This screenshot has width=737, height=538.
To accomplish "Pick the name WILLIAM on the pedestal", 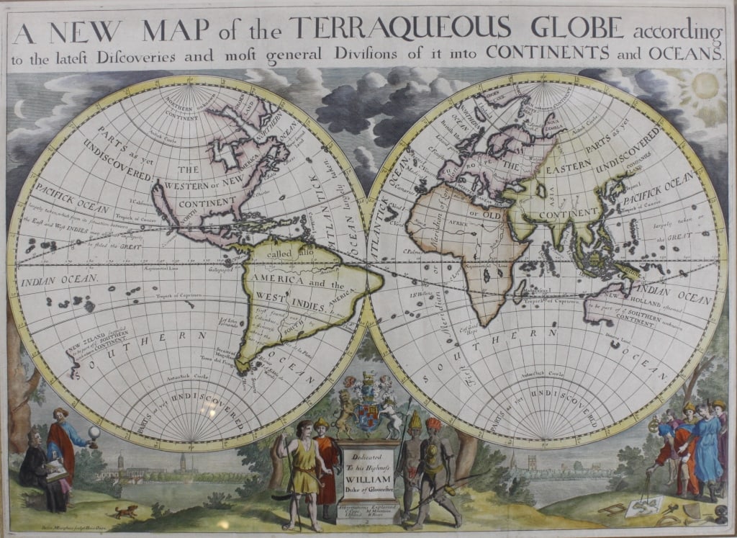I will (368, 475).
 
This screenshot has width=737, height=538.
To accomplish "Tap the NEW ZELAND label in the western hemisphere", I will (85, 348).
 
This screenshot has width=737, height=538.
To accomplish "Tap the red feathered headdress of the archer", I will (432, 423).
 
